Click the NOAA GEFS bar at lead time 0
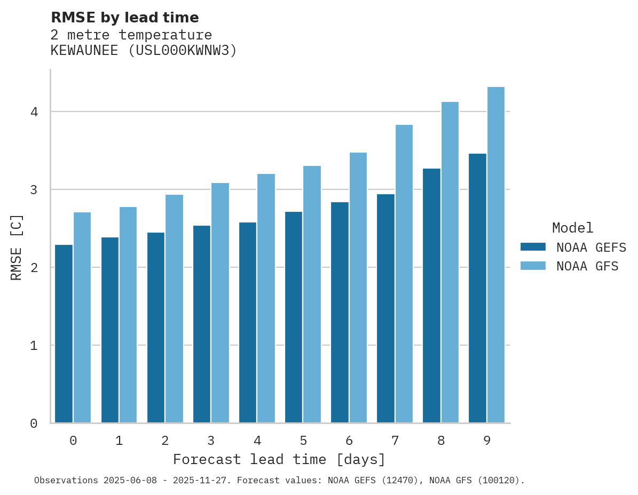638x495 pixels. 64,334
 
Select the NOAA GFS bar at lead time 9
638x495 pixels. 495,255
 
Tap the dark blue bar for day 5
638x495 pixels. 293,317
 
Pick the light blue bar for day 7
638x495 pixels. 404,274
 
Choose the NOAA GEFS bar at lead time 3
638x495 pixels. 201,324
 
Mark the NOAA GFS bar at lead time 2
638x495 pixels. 174,309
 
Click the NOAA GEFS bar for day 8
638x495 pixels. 431,296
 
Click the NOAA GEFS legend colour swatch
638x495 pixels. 533,247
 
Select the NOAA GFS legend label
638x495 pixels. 587,266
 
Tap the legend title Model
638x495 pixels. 572,228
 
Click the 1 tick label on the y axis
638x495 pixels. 34,346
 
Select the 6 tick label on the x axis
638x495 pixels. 349,441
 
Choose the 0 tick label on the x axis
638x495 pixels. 73,441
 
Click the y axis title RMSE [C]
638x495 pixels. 17,247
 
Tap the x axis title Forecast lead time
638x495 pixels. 279,459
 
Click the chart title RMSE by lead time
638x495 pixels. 124,18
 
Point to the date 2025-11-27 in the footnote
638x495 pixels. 202,481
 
